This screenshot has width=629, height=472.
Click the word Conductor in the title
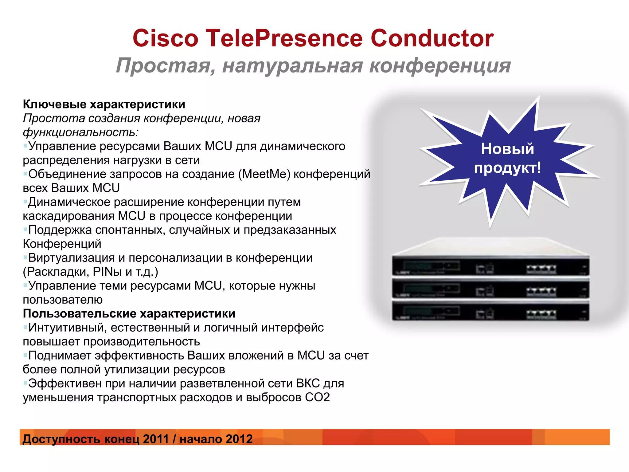(x=432, y=38)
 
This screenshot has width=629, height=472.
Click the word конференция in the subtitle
(x=440, y=66)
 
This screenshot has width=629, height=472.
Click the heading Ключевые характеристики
(x=104, y=104)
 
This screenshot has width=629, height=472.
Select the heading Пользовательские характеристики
(x=129, y=314)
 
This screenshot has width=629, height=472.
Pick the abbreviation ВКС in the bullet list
(x=308, y=383)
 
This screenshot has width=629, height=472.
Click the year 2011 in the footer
(x=156, y=439)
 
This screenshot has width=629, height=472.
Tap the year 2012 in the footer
(x=239, y=439)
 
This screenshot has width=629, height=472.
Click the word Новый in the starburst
(x=507, y=149)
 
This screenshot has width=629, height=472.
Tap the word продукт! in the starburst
(x=507, y=168)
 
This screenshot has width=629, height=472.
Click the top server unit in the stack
(x=490, y=266)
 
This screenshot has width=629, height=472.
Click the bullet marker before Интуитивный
(x=25, y=327)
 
